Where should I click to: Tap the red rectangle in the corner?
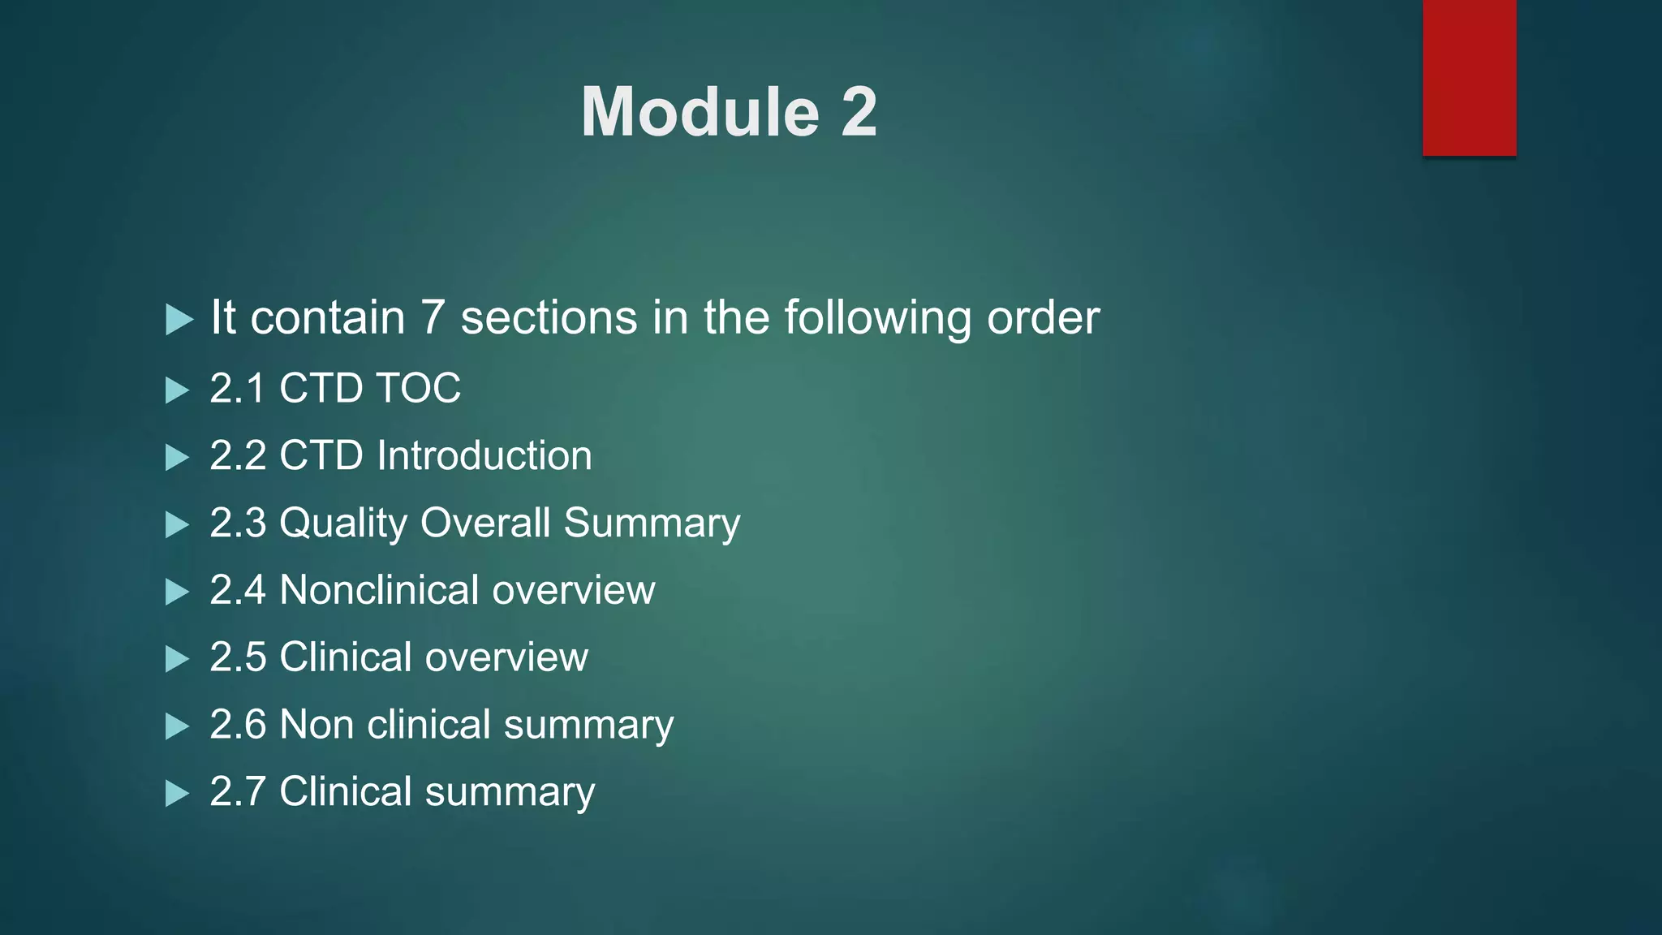coord(1469,77)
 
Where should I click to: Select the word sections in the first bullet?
coord(549,317)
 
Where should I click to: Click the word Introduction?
coord(484,455)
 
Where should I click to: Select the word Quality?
coord(342,523)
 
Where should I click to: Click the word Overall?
coord(486,523)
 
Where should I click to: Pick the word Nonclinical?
coord(379,590)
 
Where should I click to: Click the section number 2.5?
coord(238,657)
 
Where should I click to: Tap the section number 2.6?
coord(238,725)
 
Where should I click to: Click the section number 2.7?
coord(238,792)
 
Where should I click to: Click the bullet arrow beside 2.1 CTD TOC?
coord(177,390)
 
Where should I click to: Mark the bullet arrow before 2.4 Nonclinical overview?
coord(177,592)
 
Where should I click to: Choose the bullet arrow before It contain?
coord(179,319)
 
